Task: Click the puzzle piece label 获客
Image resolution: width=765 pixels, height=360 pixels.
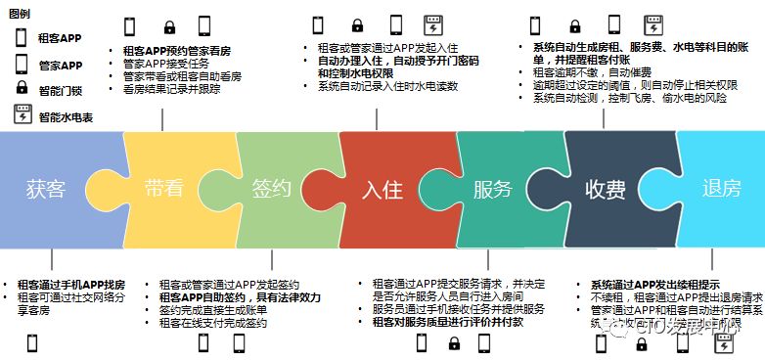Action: [x=46, y=188]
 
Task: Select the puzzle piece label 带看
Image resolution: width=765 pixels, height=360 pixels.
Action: [x=163, y=188]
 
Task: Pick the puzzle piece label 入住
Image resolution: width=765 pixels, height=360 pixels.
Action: [x=382, y=189]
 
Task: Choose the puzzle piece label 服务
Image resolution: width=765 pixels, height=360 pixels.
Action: [x=492, y=189]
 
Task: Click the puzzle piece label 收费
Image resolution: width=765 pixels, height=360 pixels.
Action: [x=606, y=189]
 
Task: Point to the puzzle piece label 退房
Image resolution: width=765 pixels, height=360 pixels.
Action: [x=721, y=189]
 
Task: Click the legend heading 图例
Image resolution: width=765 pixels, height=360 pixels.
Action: [x=19, y=12]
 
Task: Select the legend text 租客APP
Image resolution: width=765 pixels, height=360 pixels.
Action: [x=60, y=39]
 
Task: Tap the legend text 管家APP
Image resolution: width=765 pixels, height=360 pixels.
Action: [x=60, y=66]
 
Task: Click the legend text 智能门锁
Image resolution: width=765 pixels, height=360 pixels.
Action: [x=60, y=91]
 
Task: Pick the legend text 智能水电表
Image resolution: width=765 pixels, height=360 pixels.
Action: [x=65, y=117]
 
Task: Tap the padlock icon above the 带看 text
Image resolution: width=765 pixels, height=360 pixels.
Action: [x=169, y=26]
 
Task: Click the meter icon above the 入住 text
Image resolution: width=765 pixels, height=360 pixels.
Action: [x=428, y=25]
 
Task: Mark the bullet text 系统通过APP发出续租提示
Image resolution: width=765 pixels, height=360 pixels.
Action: [x=655, y=284]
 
